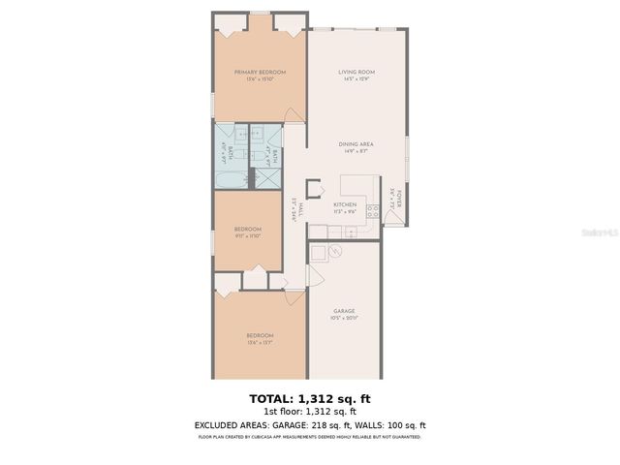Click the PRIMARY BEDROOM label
coord(259,73)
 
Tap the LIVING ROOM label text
coord(356,73)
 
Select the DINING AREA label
coord(356,143)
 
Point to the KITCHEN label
coord(345,204)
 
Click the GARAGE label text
coord(345,311)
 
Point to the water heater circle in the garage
coord(335,251)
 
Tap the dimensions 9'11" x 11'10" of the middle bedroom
coord(247,235)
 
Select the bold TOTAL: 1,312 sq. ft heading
coord(310,398)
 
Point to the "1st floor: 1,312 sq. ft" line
coord(310,411)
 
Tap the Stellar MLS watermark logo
coord(600,233)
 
